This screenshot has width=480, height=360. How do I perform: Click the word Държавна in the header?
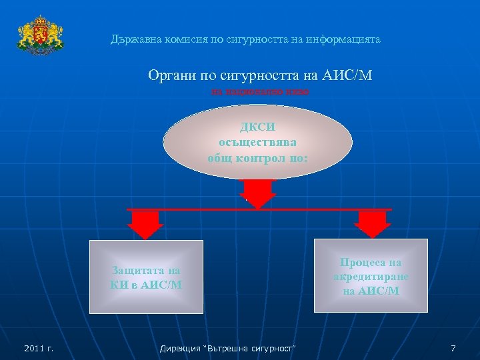coord(131,40)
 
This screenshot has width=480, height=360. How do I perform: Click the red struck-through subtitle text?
coord(260,91)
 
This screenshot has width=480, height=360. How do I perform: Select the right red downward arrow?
coord(373,224)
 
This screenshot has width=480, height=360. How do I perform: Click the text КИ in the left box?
coord(119,285)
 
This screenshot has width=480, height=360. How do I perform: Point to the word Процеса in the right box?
coord(371,263)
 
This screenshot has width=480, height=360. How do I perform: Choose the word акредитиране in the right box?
coord(371,277)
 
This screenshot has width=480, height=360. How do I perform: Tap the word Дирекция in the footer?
coord(183,348)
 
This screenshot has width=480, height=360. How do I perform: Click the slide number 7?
coord(453,348)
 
